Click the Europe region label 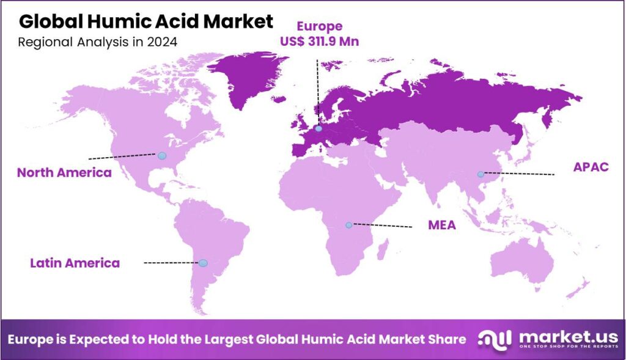320,26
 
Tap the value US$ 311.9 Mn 319,42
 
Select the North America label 64,172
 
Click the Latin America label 75,263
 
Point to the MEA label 441,225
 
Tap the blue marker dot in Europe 319,129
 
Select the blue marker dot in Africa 348,225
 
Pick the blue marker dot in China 481,174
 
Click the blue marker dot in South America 203,263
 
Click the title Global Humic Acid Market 146,21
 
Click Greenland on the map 248,76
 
